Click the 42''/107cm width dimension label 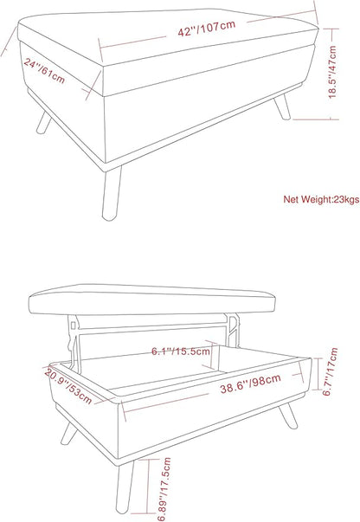(x=207, y=29)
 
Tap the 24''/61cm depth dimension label (x=44, y=71)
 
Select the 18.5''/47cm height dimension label (x=332, y=72)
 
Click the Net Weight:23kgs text (x=321, y=199)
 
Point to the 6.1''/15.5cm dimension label (x=181, y=351)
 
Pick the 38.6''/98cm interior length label (x=251, y=383)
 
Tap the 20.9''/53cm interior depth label (x=67, y=386)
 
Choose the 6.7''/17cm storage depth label (x=331, y=371)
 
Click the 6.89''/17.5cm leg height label (x=164, y=489)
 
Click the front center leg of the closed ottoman (x=112, y=194)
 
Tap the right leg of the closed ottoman (x=282, y=106)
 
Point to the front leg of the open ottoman (x=125, y=486)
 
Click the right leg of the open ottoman (x=288, y=416)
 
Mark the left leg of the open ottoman (x=69, y=434)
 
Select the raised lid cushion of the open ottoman (x=152, y=300)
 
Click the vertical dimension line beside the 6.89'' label (x=147, y=487)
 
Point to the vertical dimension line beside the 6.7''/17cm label (x=318, y=373)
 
